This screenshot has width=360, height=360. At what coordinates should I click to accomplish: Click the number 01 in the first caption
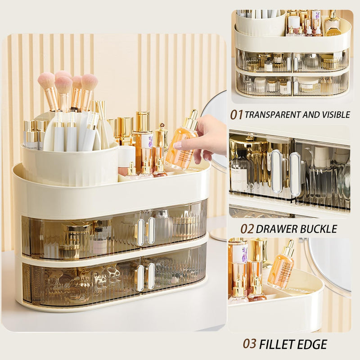(x=236, y=115)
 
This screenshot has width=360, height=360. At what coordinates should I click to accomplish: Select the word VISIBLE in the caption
(x=337, y=115)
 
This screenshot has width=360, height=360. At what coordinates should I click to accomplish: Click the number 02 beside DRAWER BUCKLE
(x=247, y=229)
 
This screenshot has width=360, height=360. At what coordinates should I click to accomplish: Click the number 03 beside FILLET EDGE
(x=249, y=344)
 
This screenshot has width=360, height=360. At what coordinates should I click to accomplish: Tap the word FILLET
(x=276, y=344)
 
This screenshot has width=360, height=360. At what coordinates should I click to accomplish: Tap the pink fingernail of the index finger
(x=177, y=145)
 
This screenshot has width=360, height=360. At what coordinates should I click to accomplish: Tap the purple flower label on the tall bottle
(x=150, y=141)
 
